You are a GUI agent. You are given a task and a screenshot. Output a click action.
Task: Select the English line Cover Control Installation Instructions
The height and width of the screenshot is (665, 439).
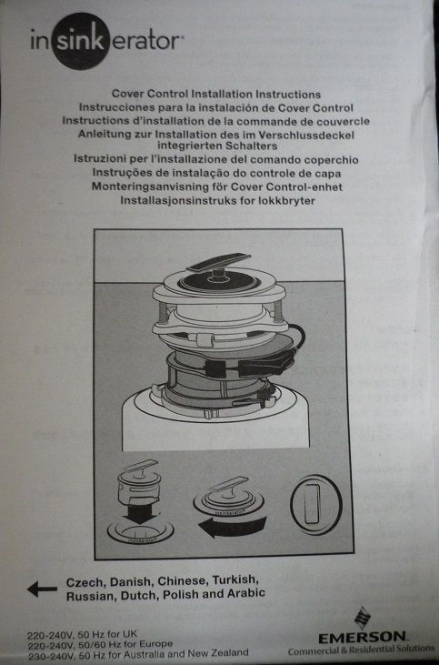[x=215, y=94]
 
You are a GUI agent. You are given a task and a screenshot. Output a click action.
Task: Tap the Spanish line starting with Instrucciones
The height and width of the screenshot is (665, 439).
[x=215, y=106]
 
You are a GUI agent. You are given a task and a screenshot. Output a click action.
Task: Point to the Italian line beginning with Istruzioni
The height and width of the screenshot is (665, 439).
[x=215, y=157]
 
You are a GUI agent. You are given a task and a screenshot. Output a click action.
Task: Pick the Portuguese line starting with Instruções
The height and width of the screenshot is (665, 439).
[x=215, y=170]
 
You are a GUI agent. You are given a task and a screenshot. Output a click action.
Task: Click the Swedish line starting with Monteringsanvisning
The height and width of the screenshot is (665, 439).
[x=215, y=184]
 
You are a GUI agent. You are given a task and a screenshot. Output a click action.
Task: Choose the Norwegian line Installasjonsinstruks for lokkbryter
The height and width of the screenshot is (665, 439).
[x=215, y=197]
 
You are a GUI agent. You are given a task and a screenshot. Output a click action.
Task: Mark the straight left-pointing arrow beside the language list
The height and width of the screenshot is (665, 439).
[x=42, y=589]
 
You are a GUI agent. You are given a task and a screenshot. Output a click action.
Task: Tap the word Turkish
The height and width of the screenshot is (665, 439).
[x=238, y=580]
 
